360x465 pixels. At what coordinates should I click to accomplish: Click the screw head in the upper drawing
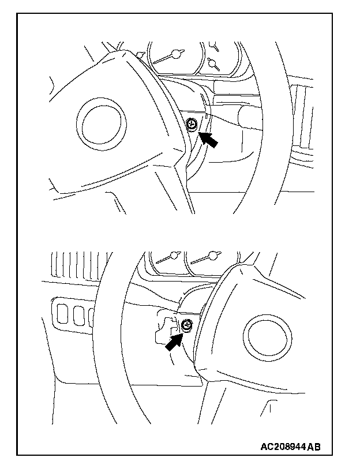(x=192, y=123)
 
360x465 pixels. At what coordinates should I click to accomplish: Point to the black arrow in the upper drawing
(x=208, y=140)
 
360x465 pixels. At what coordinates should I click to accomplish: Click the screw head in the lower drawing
(x=186, y=326)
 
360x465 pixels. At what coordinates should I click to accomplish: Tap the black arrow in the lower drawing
(x=174, y=342)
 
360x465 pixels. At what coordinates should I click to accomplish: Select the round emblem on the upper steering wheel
(x=101, y=124)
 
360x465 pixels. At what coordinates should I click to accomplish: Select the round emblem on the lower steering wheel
(x=267, y=337)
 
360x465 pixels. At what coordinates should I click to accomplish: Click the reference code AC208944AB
(x=290, y=447)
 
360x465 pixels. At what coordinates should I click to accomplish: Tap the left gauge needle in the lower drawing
(x=168, y=257)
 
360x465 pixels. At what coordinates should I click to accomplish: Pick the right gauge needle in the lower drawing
(x=205, y=257)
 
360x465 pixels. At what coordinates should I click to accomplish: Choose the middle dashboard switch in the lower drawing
(x=78, y=315)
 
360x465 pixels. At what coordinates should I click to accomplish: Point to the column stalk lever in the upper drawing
(x=250, y=118)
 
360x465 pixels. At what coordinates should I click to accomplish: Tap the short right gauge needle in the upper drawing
(x=213, y=65)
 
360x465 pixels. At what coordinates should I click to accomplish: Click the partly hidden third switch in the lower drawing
(x=91, y=317)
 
